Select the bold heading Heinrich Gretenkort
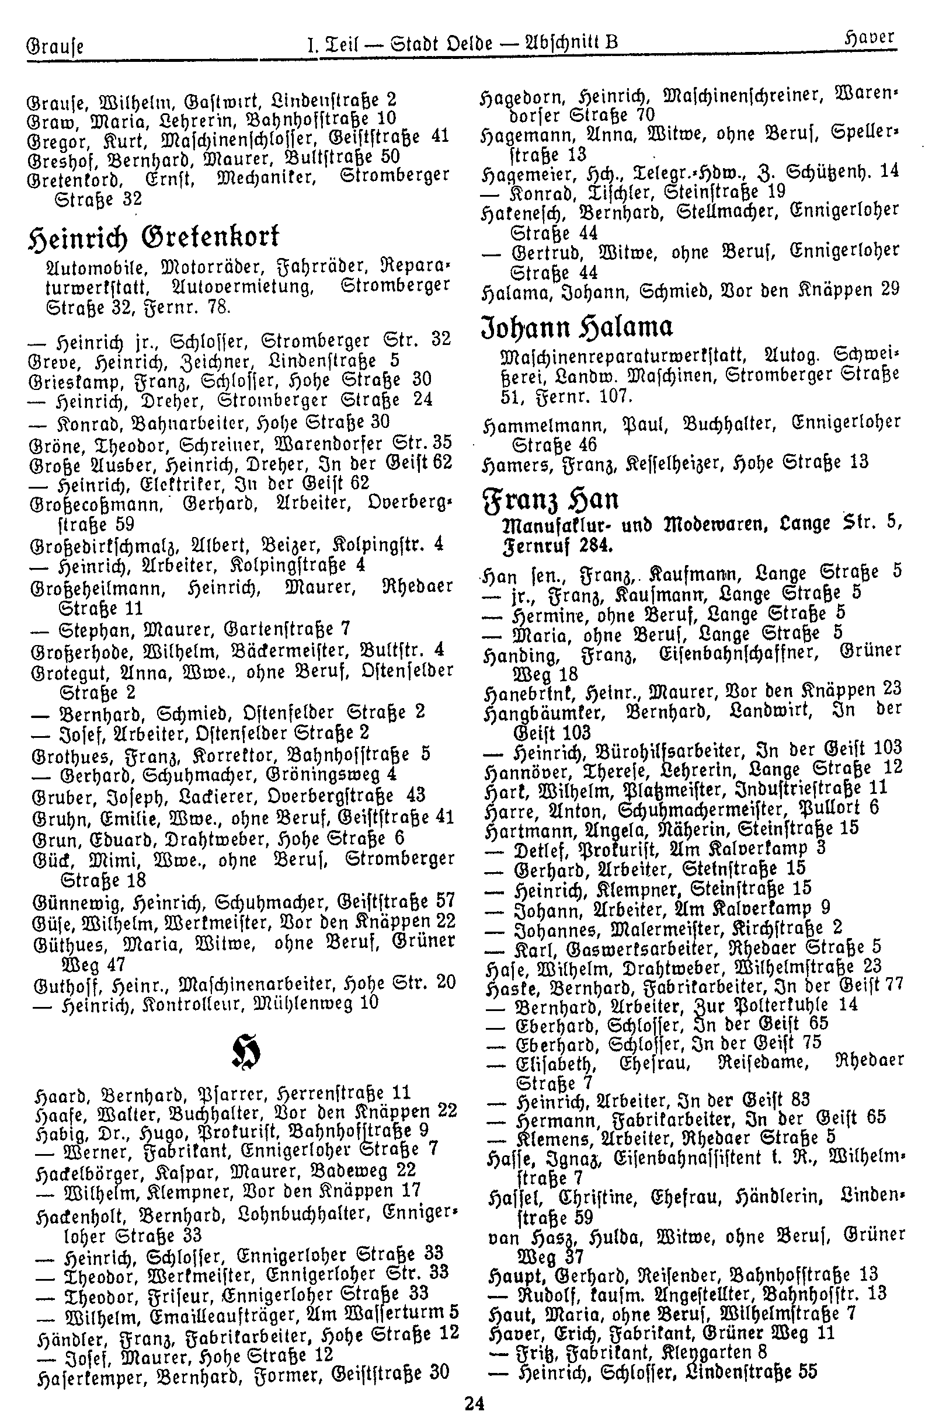(x=154, y=238)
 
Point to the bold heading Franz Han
(x=550, y=499)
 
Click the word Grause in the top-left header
(x=55, y=46)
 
